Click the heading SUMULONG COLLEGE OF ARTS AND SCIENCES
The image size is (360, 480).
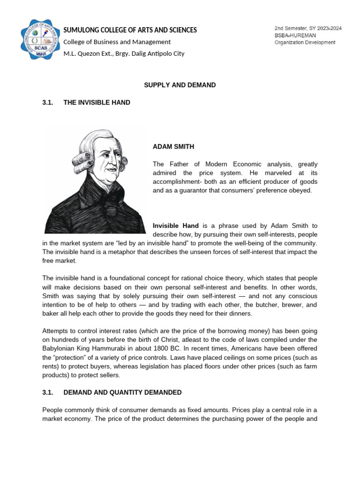tap(130, 30)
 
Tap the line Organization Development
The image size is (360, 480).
tap(305, 42)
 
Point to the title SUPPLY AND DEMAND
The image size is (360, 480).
tap(180, 85)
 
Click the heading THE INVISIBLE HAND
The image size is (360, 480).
tap(97, 102)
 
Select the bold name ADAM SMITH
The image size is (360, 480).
tap(173, 147)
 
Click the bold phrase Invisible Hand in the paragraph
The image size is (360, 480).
tap(176, 225)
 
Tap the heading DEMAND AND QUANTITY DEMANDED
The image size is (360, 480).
tap(122, 392)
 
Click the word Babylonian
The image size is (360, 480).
tap(60, 349)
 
